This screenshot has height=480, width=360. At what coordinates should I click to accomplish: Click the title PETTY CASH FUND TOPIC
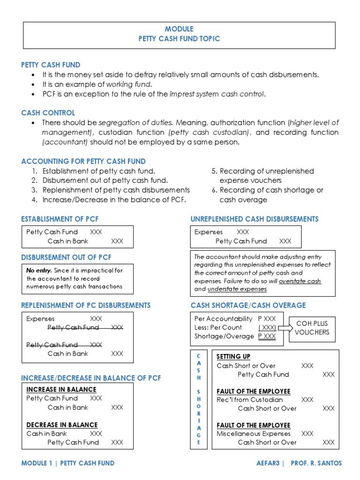tap(179, 39)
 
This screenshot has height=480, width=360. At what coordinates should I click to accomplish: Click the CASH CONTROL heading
tap(48, 113)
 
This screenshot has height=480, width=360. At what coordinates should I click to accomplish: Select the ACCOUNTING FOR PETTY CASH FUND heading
tap(83, 161)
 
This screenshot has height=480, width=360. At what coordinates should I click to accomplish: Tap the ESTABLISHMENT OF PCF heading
tap(60, 219)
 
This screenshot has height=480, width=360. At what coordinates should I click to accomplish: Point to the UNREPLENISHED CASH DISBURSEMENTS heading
tap(255, 219)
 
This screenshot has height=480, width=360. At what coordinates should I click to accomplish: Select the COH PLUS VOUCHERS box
tap(312, 328)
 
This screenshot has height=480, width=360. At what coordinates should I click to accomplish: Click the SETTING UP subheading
tap(233, 357)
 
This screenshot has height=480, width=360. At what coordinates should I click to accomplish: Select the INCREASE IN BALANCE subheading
tap(61, 390)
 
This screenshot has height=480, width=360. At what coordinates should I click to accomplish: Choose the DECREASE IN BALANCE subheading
tap(62, 425)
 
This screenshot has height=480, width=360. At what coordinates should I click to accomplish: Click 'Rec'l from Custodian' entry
tap(250, 400)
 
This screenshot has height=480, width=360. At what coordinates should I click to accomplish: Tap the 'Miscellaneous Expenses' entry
tap(254, 434)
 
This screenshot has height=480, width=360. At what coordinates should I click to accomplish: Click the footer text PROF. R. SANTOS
tap(316, 463)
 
